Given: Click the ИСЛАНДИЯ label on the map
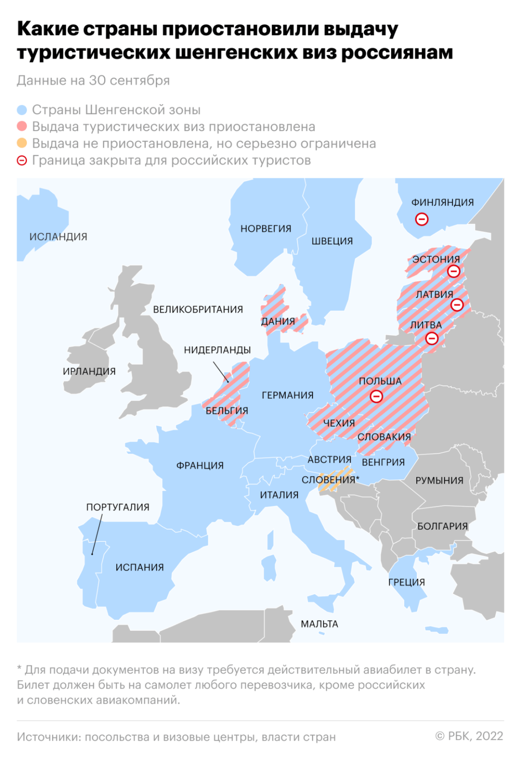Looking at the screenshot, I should coord(58,237).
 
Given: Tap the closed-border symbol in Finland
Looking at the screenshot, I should coord(422,219).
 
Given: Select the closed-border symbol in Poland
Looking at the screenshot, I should coord(376,397).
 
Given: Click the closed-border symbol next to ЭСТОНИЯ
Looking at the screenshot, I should coord(453,271).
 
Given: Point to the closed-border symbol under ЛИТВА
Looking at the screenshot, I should coord(432,339).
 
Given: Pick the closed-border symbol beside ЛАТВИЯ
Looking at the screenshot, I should coord(457,305).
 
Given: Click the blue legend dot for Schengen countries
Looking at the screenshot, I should coord(22,110).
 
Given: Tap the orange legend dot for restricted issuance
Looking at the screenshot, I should coord(22,143).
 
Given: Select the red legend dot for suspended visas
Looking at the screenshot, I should coord(22,127).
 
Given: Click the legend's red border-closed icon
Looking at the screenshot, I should coord(22,161).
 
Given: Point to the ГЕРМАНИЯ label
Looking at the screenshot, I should coord(287,396).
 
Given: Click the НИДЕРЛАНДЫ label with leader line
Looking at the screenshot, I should coord(217,350).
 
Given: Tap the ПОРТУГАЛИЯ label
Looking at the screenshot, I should coord(117,507).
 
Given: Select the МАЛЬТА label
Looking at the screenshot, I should coord(319,624).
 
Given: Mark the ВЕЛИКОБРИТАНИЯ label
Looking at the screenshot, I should coord(198,309).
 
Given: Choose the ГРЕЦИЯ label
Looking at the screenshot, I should coord(406,582).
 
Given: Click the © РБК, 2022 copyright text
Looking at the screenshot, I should coord(469,736).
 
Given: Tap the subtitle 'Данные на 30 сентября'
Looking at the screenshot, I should coord(93,81).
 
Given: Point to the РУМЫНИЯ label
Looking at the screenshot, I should coord(439,480).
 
